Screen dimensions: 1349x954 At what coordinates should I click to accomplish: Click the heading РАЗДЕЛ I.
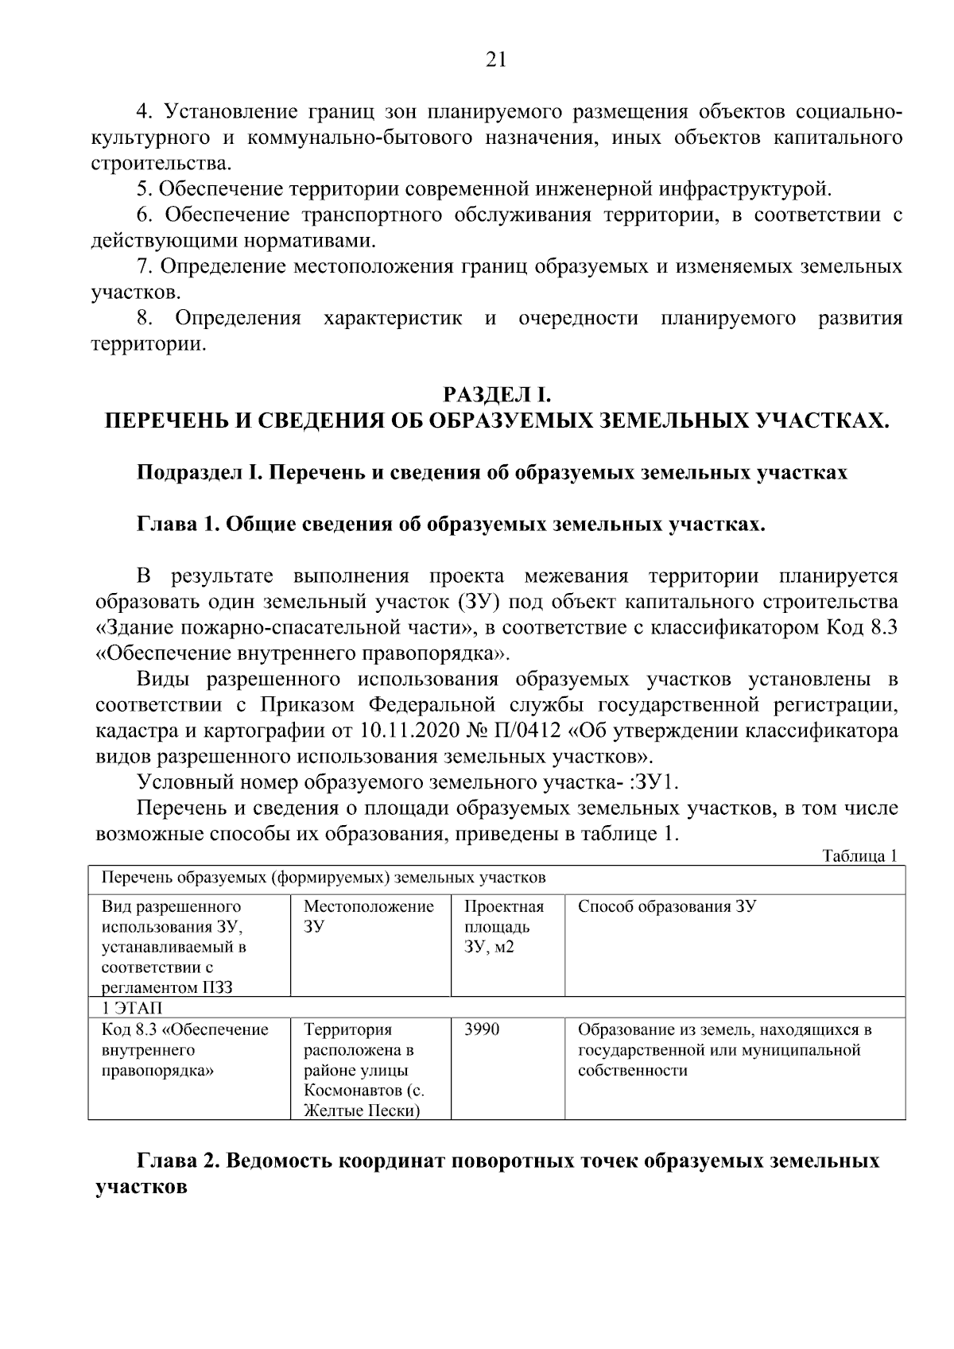pyautogui.click(x=496, y=393)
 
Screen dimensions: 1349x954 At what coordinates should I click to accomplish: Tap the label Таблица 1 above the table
pyautogui.click(x=860, y=856)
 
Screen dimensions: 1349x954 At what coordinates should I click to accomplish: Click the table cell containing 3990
pyautogui.click(x=482, y=1030)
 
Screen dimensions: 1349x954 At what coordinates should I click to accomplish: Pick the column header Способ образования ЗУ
pyautogui.click(x=666, y=907)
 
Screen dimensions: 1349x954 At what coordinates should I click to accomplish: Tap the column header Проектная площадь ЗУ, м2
pyautogui.click(x=504, y=927)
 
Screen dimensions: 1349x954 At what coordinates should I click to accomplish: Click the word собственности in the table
pyautogui.click(x=632, y=1071)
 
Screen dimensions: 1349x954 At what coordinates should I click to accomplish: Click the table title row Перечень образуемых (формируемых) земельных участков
pyautogui.click(x=324, y=878)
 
